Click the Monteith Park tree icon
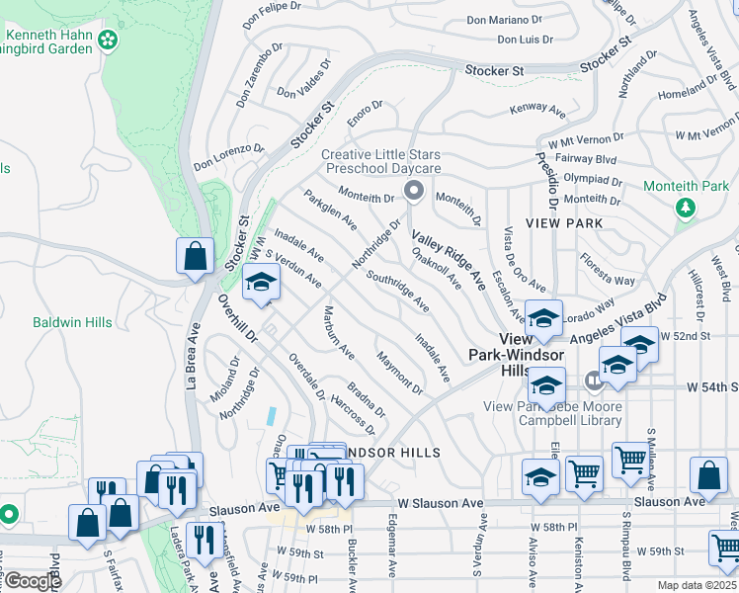pos(685,207)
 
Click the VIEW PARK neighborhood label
pos(564,223)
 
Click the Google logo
pos(32,581)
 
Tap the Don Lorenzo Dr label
pos(228,156)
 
